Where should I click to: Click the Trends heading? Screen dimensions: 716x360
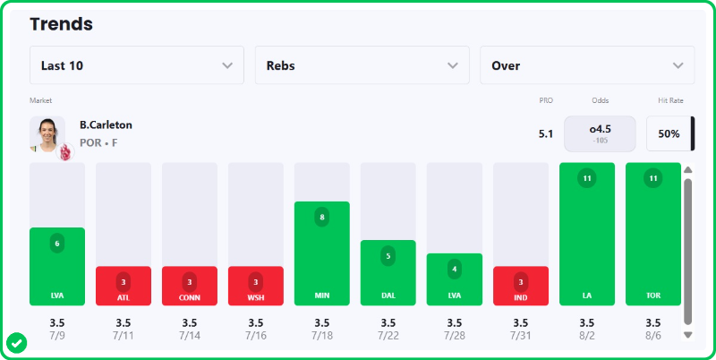(x=61, y=24)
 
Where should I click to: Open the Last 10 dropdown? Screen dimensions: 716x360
(x=137, y=65)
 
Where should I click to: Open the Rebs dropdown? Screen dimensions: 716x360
(x=362, y=65)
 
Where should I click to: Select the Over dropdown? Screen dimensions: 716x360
(x=587, y=65)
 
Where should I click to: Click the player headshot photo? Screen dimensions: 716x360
(x=47, y=133)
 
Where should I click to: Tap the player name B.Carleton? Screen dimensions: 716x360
(x=106, y=124)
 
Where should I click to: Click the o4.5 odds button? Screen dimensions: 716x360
(x=600, y=133)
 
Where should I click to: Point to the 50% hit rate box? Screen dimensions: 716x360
(x=669, y=133)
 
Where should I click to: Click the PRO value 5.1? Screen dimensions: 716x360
(x=546, y=133)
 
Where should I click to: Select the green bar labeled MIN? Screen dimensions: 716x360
(x=322, y=253)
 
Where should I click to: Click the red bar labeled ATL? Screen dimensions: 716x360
(x=124, y=286)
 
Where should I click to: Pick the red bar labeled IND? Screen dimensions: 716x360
(x=521, y=286)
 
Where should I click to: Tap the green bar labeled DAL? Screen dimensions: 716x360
(x=388, y=273)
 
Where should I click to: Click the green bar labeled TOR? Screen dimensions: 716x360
(x=653, y=234)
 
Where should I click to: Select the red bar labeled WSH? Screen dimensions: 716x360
(x=256, y=286)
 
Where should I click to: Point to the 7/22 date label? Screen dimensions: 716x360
(x=388, y=336)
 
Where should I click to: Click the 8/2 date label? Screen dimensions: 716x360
(x=587, y=336)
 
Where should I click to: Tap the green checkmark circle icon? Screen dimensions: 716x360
(x=16, y=344)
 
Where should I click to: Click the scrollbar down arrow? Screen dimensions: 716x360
(x=688, y=335)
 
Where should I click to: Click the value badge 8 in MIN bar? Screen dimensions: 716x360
(x=322, y=218)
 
